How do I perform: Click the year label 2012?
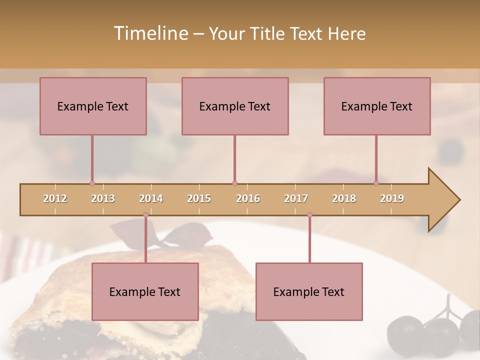coord(55,198)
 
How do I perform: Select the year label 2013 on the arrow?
coord(103,198)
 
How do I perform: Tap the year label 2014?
coord(151,198)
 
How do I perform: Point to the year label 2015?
coord(199,198)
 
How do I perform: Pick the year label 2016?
coord(248,198)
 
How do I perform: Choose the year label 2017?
coord(296,198)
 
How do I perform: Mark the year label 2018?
coord(344,198)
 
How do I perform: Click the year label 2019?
coord(392,198)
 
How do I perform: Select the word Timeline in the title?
coord(149,33)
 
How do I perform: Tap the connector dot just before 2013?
coord(92,183)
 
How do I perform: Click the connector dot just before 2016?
coord(234,183)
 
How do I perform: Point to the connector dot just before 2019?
coord(376,183)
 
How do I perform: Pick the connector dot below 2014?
coord(145,215)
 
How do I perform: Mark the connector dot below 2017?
coord(309,215)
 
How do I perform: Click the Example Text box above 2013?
coord(93,106)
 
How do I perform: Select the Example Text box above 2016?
coord(235,106)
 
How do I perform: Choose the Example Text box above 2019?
coord(377,106)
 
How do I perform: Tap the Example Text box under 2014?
coord(145,292)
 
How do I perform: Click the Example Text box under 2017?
coord(309,292)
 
